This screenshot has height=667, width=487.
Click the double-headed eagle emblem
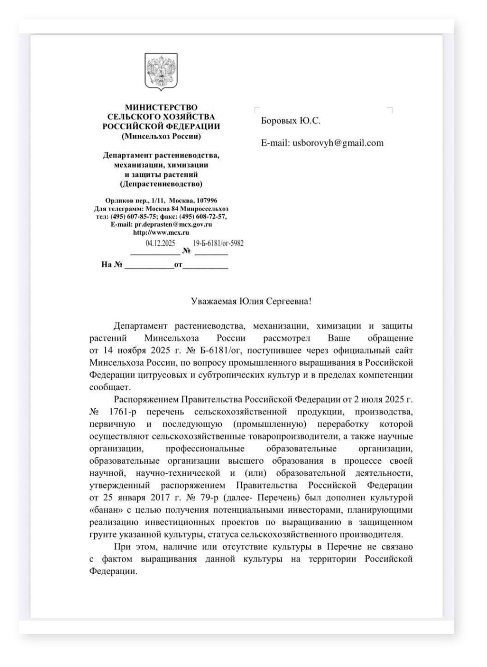[x=161, y=71]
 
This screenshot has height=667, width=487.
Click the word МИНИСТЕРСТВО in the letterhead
[x=161, y=107]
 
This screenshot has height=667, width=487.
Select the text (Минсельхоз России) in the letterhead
[x=161, y=136]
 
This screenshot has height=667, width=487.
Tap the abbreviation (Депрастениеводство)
[x=161, y=184]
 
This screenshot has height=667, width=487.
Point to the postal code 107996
[x=206, y=200]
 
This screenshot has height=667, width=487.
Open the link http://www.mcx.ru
[x=161, y=232]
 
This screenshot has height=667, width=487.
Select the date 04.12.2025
[x=160, y=243]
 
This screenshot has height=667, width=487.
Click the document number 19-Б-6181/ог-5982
[x=218, y=243]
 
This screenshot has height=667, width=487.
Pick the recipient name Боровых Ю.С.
[x=290, y=121]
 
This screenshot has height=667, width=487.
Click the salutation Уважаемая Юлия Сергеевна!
[x=251, y=301]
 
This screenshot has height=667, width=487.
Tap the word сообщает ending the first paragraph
[x=103, y=387]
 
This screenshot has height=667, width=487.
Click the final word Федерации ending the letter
[x=113, y=571]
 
